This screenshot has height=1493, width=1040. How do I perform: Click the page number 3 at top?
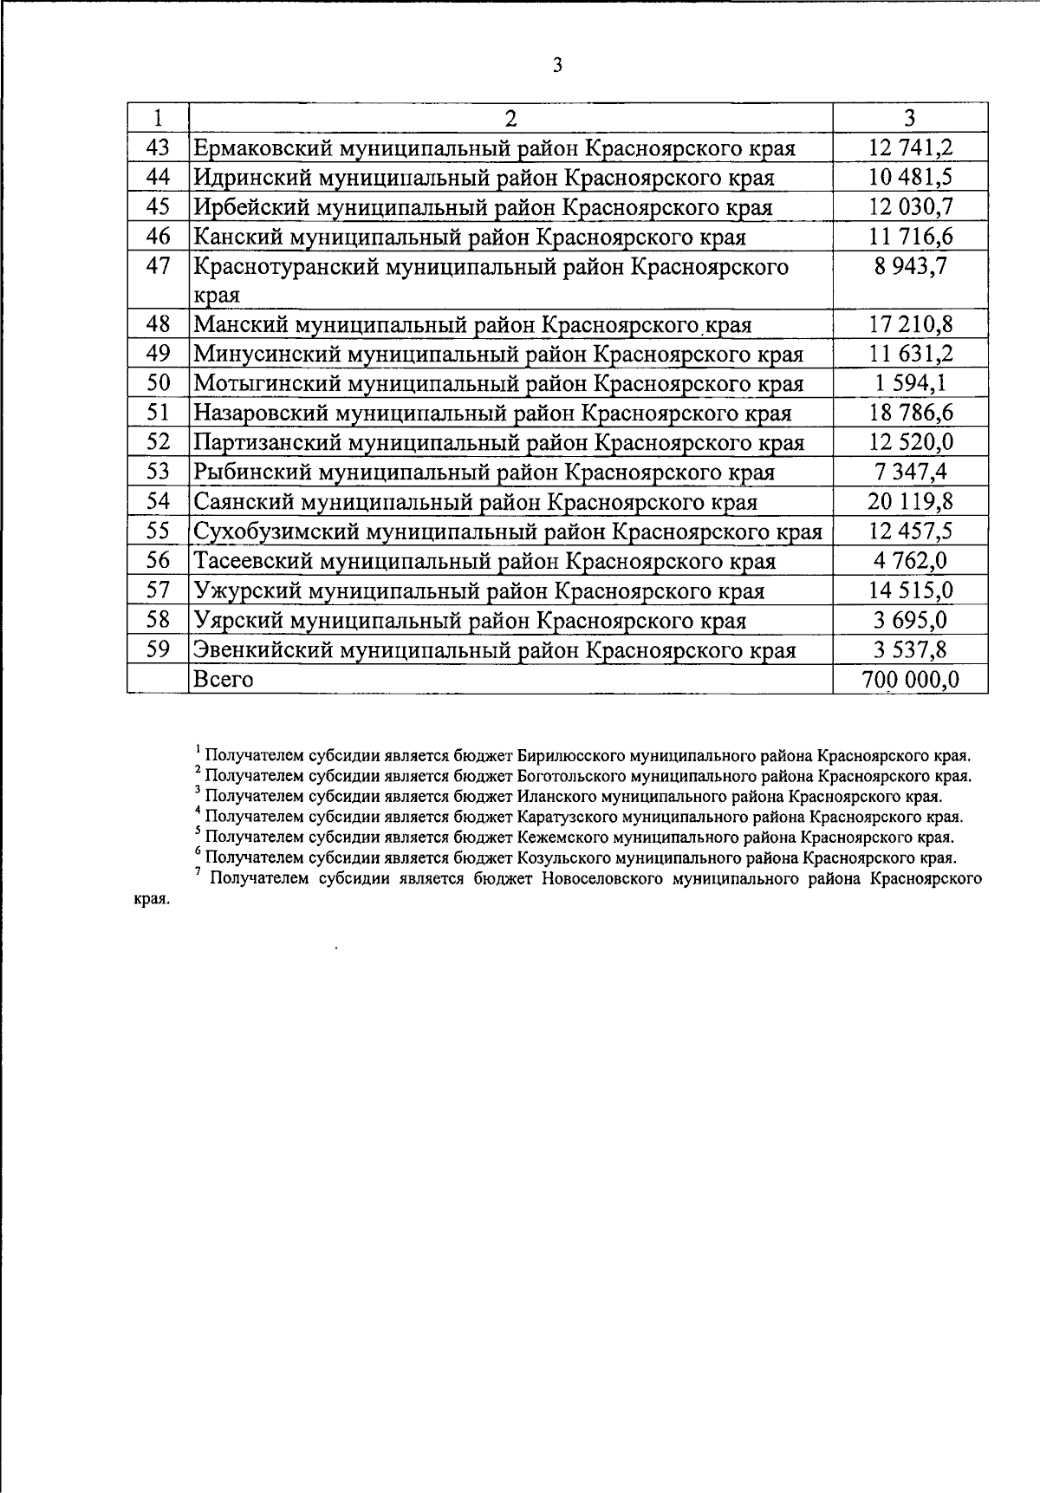556,65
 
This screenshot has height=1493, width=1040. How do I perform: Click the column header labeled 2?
510,118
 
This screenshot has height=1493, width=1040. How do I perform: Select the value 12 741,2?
910,148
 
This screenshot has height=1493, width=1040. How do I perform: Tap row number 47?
159,266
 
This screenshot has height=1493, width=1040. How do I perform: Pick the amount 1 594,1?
910,383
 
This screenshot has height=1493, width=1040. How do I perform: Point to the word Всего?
224,679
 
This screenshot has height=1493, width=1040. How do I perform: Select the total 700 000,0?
910,679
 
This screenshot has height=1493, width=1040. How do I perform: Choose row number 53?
159,472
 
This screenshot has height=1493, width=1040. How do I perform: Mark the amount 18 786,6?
910,413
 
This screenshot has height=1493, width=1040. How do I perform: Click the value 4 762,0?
910,561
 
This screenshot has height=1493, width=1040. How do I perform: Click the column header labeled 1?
159,118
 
